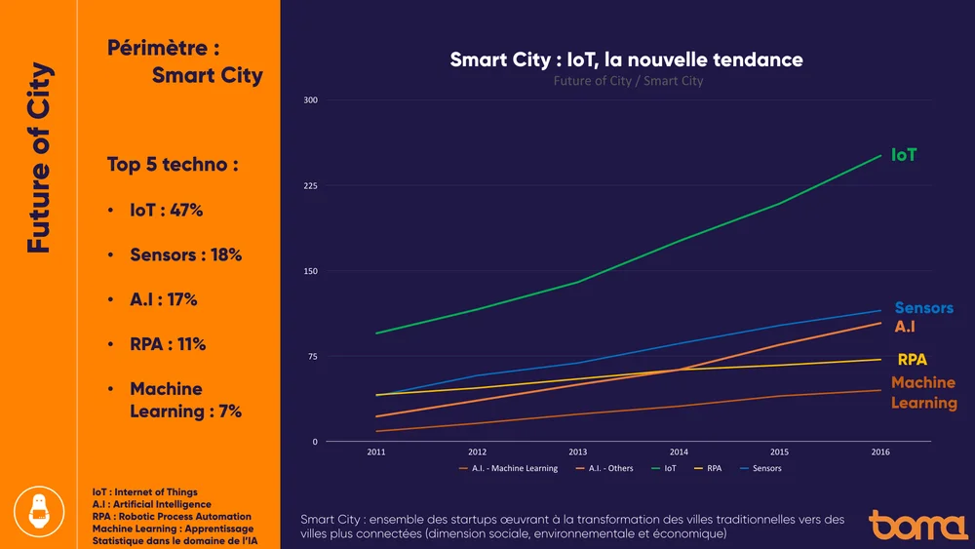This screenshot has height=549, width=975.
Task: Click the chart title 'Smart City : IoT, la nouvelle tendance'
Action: tap(626, 59)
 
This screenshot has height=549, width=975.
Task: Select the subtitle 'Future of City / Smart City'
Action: tap(628, 81)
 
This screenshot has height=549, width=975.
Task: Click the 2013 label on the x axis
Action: tap(578, 452)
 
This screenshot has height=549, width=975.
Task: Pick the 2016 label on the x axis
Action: tap(879, 452)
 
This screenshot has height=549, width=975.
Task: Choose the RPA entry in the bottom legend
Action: tap(714, 468)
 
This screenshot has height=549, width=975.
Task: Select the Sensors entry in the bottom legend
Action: tap(766, 468)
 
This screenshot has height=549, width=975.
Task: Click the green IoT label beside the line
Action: tap(904, 155)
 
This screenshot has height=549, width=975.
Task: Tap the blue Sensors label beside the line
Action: tap(923, 308)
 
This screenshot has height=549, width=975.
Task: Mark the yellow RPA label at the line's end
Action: tap(912, 360)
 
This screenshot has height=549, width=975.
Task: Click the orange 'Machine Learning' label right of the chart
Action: tap(923, 392)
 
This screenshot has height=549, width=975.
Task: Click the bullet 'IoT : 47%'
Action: tap(166, 211)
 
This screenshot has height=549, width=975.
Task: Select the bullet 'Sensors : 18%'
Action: tap(185, 255)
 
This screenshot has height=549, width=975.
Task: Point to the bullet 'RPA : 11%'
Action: tap(168, 344)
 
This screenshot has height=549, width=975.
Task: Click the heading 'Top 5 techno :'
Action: tap(173, 164)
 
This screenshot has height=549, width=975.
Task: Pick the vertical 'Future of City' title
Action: tap(39, 158)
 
